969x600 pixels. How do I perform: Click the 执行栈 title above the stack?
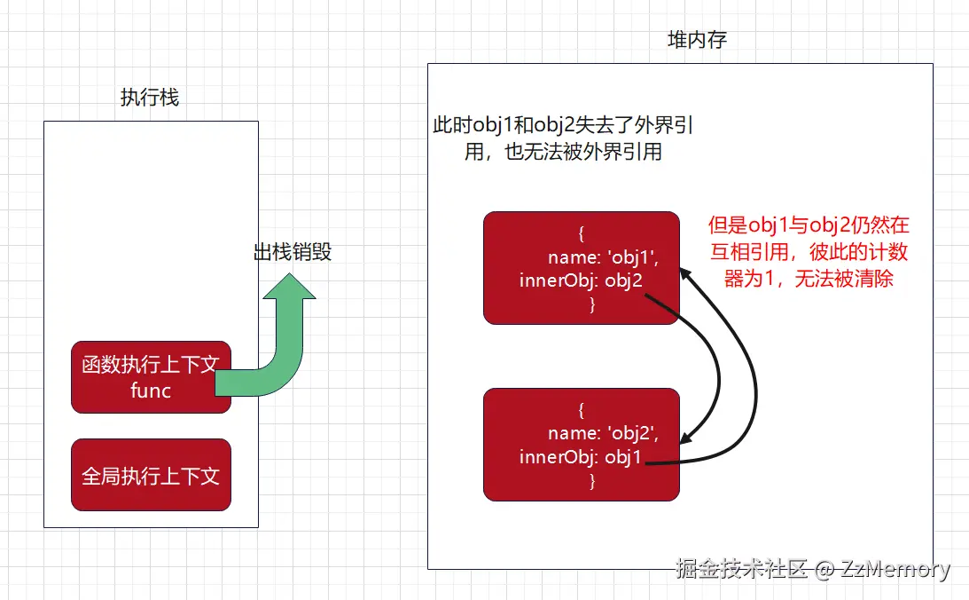150,98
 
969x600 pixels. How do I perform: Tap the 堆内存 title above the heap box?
698,40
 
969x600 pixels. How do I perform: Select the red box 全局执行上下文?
151,475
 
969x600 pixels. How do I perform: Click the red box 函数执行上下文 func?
151,377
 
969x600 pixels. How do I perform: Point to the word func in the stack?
151,391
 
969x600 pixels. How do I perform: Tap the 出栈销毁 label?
293,252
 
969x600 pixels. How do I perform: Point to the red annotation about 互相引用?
809,252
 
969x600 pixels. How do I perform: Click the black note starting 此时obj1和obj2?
563,138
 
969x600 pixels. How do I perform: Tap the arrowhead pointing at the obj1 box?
686,274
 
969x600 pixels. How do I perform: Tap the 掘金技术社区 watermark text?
741,569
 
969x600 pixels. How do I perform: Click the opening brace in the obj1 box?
582,234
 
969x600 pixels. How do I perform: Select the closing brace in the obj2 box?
592,481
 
